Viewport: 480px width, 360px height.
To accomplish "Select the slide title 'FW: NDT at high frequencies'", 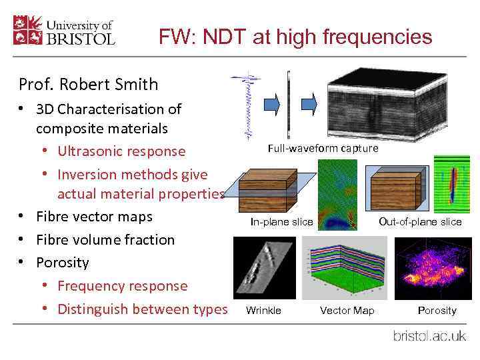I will coord(295,37).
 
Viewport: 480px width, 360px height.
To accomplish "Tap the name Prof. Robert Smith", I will coord(89,85).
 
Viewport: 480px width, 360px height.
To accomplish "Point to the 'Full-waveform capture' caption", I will coord(323,148).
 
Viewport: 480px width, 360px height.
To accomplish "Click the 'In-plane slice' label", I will coord(281,221).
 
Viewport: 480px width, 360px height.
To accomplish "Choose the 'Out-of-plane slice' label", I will coord(420,221).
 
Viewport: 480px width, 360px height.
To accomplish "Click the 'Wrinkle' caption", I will coord(263,310).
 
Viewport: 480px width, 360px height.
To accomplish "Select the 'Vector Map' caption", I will coord(347,310).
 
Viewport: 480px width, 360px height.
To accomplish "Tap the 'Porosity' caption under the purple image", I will coord(437,310).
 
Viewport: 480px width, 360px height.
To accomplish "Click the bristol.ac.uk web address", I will coord(429,335).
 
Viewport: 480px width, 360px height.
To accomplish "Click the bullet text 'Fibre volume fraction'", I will coord(105,239).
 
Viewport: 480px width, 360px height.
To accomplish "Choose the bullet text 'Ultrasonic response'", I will coord(121,151).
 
